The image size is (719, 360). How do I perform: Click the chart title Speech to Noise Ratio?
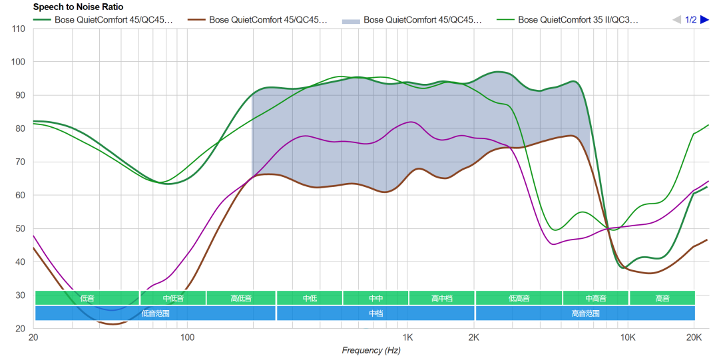(78, 7)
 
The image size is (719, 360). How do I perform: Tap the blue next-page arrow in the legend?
(704, 20)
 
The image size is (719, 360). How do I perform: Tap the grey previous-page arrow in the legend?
(677, 20)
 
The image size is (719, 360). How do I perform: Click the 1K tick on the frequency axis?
(408, 337)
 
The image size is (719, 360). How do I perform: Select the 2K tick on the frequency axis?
(474, 337)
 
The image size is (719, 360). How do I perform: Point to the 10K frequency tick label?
(628, 337)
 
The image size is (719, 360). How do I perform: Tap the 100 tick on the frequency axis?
(187, 337)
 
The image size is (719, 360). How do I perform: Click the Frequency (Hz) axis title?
(371, 350)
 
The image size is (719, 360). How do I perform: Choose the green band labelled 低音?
(87, 298)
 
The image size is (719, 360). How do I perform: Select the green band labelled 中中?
(375, 298)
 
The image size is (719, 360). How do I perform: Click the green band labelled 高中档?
(441, 298)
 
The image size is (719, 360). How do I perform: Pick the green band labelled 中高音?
(595, 298)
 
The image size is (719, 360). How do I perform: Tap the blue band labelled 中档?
(375, 313)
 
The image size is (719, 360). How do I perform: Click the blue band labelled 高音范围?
(585, 313)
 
